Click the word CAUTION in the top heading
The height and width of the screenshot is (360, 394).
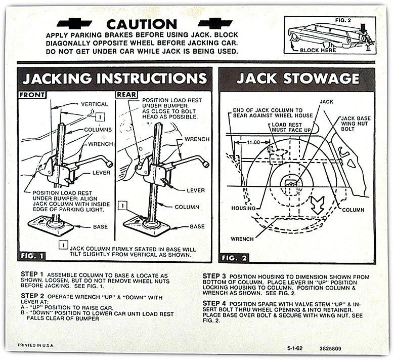(x=142, y=24)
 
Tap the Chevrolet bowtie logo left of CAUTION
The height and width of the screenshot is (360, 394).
(x=75, y=23)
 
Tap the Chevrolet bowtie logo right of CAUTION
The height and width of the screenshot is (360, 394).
(x=215, y=23)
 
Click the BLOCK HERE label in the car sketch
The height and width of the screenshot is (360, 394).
(x=318, y=51)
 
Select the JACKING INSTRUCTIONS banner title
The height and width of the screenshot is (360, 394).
(x=115, y=78)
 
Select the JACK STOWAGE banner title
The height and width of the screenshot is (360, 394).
(x=297, y=78)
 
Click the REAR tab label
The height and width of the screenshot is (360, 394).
(x=126, y=95)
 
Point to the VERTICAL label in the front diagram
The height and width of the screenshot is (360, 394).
(x=94, y=104)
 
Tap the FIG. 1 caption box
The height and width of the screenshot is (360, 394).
(x=32, y=256)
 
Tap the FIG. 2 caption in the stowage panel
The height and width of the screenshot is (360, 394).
(x=236, y=257)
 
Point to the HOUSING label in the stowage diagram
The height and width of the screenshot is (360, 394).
(x=243, y=208)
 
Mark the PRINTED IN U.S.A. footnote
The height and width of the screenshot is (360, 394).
(x=37, y=345)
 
